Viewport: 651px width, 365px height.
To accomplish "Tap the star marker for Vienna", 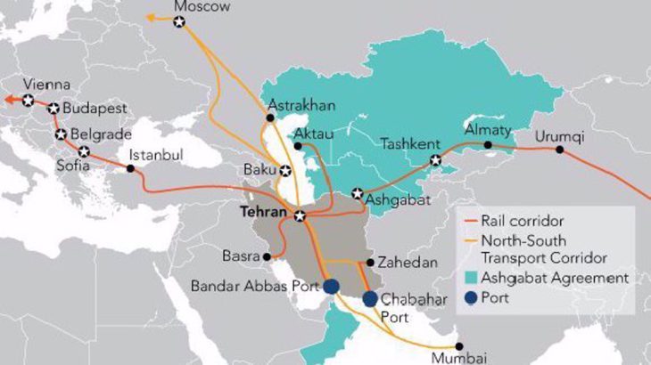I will point(29,100).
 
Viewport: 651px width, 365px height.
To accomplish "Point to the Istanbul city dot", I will point(131,168).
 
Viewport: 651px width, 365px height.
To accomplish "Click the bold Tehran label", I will point(264,215).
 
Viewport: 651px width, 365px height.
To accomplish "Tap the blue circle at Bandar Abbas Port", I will point(331,286).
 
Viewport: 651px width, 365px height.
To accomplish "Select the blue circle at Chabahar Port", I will point(369,299).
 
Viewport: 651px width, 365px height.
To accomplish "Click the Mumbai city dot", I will point(459,345).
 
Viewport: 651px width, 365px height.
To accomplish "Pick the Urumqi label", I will point(561,134).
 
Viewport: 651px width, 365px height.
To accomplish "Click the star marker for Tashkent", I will point(436,161).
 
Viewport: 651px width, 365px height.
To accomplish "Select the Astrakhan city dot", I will point(270,118).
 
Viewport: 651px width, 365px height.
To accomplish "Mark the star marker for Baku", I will point(285,170).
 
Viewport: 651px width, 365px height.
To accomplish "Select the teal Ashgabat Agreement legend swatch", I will point(468,278).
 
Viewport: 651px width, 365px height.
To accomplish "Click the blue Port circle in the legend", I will point(468,298).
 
